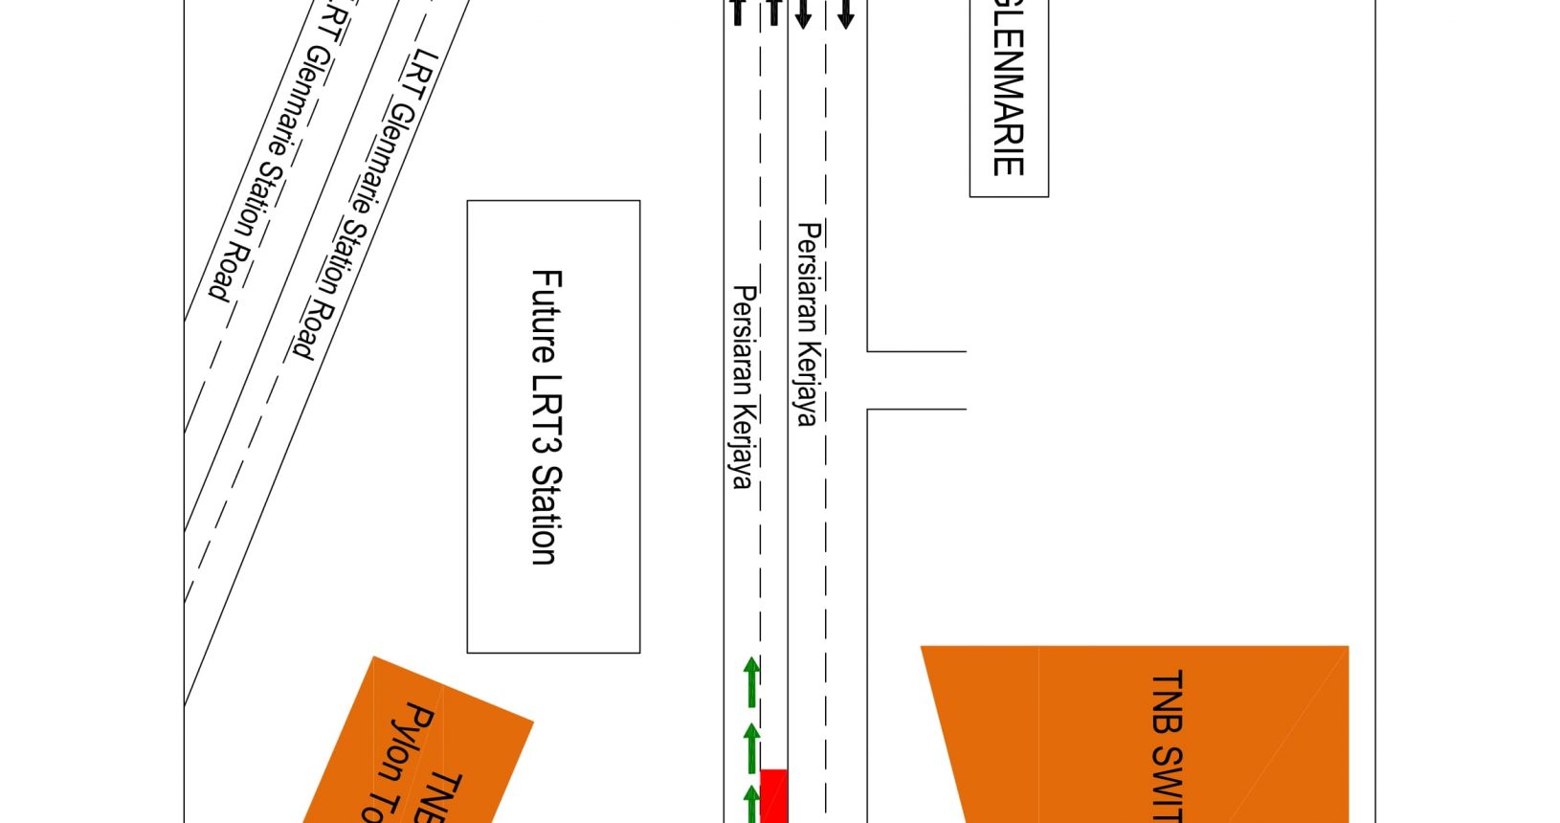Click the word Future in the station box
546,316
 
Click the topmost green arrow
752,680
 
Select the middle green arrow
752,747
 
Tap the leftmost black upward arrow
737,11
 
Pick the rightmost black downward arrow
845,14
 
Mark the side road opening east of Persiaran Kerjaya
917,380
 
